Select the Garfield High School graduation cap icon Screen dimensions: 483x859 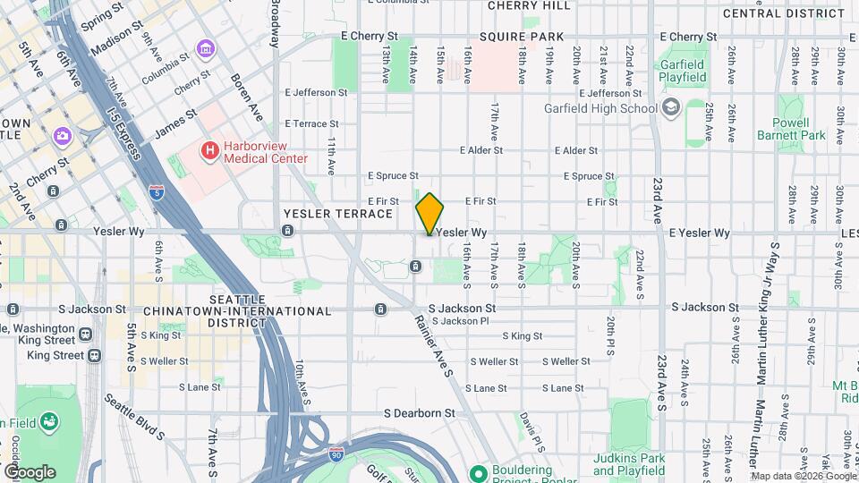[x=671, y=108]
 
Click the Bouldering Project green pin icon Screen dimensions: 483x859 [x=477, y=472]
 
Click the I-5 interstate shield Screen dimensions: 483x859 [x=157, y=191]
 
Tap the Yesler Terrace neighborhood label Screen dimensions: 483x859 [x=337, y=214]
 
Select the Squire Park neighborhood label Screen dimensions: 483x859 [x=522, y=37]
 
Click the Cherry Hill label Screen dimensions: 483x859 [x=528, y=5]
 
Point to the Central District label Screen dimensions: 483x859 [x=783, y=13]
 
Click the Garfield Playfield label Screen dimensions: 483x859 [x=683, y=71]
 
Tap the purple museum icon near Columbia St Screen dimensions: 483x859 [x=205, y=47]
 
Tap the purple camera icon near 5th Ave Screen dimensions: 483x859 [x=62, y=135]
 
